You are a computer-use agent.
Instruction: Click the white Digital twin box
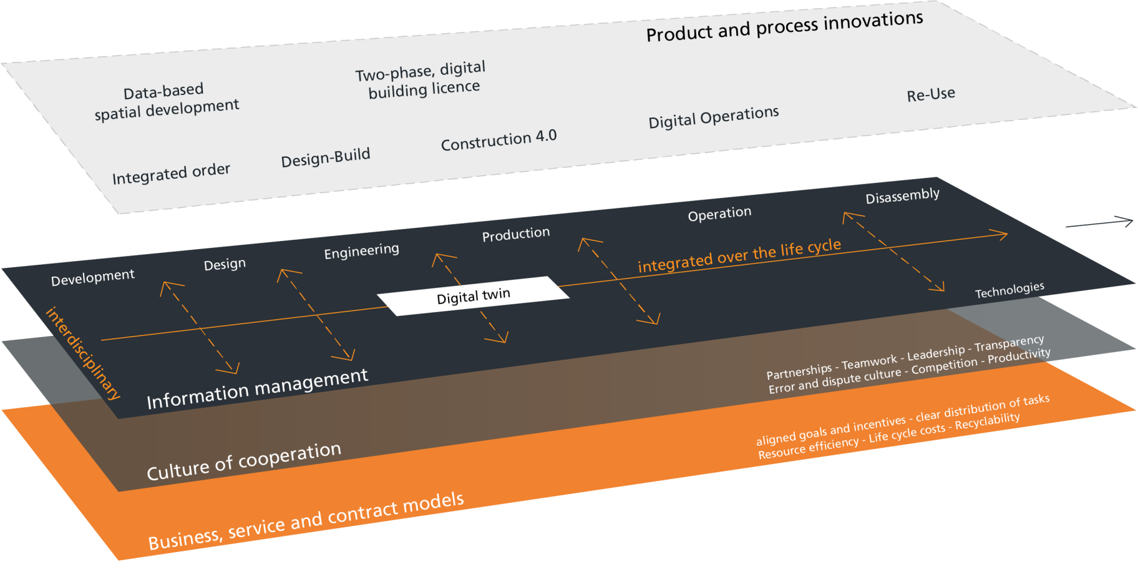[x=474, y=295]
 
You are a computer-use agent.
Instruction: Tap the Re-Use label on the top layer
[x=931, y=95]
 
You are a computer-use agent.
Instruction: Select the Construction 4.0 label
[x=498, y=141]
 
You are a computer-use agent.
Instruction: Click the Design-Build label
[x=326, y=157]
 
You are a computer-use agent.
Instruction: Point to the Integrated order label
[x=171, y=174]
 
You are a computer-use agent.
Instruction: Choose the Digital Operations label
[x=714, y=117]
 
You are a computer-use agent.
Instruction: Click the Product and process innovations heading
[x=784, y=26]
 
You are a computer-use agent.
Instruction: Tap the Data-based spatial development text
[x=166, y=101]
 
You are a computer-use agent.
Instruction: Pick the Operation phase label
[x=719, y=214]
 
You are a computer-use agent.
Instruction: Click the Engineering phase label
[x=361, y=252]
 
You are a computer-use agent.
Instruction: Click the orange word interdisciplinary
[x=82, y=353]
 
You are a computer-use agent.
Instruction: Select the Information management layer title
[x=257, y=388]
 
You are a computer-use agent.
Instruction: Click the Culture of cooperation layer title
[x=244, y=461]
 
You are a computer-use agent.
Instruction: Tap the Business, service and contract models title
[x=306, y=521]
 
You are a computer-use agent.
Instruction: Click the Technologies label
[x=1009, y=290]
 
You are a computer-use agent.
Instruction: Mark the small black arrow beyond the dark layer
[x=1100, y=223]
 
